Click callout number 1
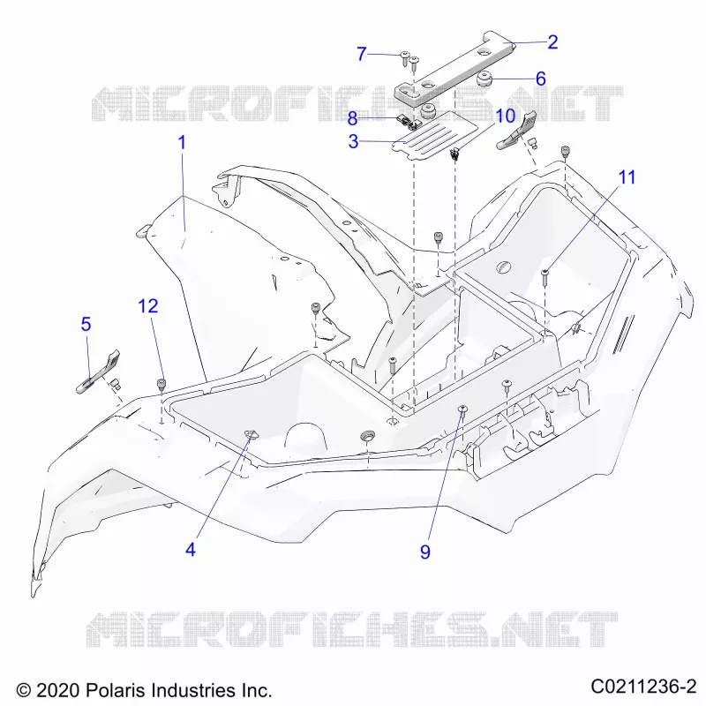tap(182, 143)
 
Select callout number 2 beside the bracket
tap(553, 42)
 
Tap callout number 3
tap(354, 141)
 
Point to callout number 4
tap(191, 550)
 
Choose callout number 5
tap(86, 324)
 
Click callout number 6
tap(541, 79)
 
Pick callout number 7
tap(362, 54)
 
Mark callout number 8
tap(352, 119)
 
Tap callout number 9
tap(425, 552)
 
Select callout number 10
tap(505, 116)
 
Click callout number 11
tap(627, 177)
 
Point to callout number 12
tap(148, 306)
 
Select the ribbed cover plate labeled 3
tap(433, 135)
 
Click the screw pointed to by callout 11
tap(545, 276)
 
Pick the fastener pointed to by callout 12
tap(161, 386)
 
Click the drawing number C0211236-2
tap(644, 687)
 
